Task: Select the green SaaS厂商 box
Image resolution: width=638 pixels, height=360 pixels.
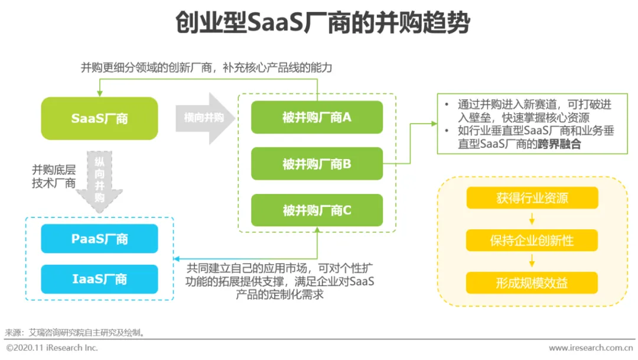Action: point(99,118)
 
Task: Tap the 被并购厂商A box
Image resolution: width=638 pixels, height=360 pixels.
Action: point(317,117)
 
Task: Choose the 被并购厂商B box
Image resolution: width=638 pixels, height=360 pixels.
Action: point(317,164)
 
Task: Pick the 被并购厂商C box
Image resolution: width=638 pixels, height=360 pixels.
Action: point(317,210)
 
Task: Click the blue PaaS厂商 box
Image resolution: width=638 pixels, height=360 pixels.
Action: point(99,239)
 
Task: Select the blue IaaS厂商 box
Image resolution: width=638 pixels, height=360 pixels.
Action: point(99,279)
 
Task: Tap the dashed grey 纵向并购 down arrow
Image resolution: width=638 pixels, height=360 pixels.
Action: point(99,180)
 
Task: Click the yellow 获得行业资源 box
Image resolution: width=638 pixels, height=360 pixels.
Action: point(532,198)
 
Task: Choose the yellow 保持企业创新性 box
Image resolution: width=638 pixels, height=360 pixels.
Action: point(532,241)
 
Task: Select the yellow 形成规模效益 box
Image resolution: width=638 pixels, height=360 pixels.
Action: point(532,283)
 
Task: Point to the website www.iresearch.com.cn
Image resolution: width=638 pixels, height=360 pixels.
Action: point(590,348)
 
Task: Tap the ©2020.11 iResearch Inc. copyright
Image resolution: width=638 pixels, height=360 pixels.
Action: point(52,348)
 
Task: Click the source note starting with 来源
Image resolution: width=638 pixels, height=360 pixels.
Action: point(74,333)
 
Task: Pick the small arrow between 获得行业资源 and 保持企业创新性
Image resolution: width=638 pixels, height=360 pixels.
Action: point(532,219)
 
